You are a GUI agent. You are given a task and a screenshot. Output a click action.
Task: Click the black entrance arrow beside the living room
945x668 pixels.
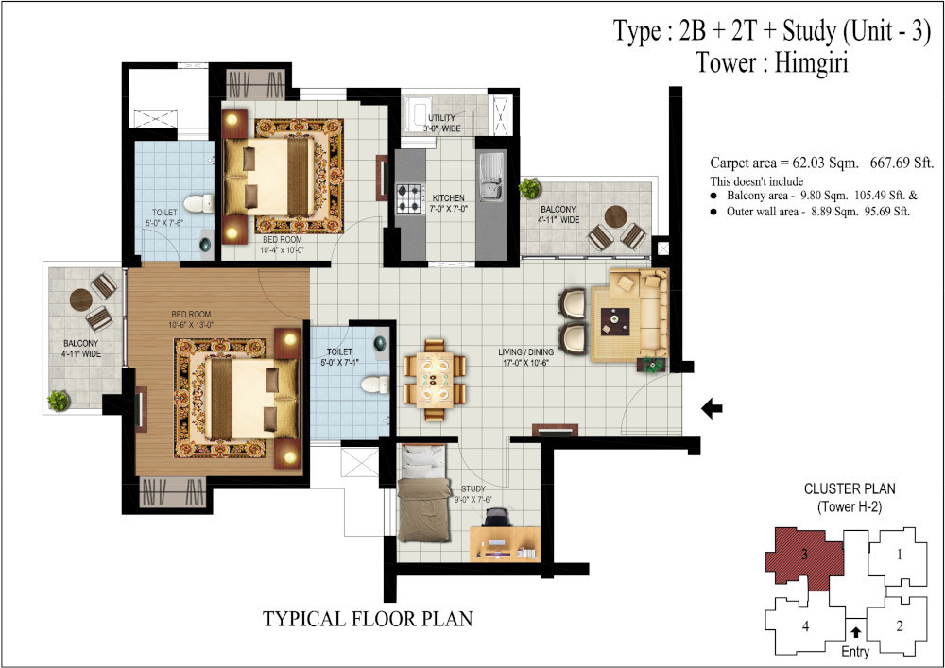tap(713, 408)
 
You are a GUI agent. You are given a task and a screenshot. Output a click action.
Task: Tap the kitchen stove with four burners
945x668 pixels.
tap(409, 197)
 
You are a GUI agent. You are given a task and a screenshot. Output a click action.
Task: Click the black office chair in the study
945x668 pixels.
tap(497, 518)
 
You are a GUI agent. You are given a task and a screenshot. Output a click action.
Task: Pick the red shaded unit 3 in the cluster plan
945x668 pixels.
tap(802, 557)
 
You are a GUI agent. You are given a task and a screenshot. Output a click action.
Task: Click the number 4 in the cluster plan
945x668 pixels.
tap(806, 625)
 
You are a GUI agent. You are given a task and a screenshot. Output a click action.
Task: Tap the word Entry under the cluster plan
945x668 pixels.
tap(855, 651)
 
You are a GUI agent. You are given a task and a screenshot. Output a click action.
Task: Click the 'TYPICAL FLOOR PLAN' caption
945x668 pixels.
tap(367, 620)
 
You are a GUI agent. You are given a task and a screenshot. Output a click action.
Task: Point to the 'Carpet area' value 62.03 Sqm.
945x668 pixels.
tap(812, 162)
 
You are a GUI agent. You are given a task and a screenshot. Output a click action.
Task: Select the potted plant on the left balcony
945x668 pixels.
tap(60, 400)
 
